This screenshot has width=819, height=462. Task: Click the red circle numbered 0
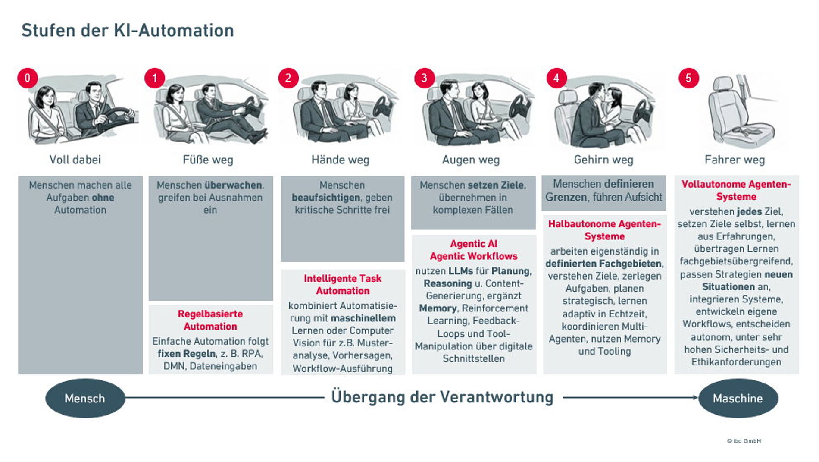point(28,78)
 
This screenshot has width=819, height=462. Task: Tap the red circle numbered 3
point(424,78)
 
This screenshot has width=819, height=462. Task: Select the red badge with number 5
point(688,78)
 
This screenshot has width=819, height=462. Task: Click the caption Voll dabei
point(75,160)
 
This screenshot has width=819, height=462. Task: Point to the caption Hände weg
point(340,160)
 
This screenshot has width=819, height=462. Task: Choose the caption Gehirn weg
point(603,160)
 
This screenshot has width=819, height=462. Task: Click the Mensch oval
point(85,398)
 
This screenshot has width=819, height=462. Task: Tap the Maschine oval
point(738,398)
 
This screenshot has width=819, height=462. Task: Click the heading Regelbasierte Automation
point(210,320)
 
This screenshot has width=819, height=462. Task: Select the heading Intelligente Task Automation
point(343,285)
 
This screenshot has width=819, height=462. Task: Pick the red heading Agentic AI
point(473,244)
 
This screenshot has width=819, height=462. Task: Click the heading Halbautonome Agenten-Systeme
point(604,230)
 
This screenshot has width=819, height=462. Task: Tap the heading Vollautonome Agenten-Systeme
point(736,190)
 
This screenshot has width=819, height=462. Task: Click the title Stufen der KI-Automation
point(128,31)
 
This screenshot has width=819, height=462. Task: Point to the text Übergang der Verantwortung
point(442,397)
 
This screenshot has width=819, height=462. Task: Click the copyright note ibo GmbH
point(744,441)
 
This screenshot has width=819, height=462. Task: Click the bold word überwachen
point(234,185)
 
